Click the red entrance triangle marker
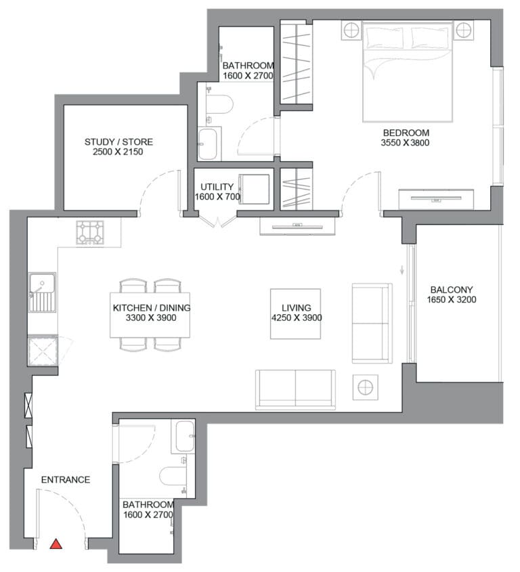tap(56, 544)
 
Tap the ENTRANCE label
tap(66, 480)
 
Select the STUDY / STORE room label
tap(118, 142)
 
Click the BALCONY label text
tap(452, 290)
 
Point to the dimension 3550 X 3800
tap(405, 143)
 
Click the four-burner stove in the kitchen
tap(90, 232)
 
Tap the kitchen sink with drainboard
tap(43, 292)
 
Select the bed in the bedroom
tap(408, 71)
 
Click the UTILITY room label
tap(217, 187)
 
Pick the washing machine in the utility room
tap(254, 189)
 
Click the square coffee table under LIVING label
tap(296, 314)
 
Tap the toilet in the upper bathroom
tap(219, 104)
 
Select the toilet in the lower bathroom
tap(174, 477)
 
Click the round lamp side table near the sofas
tap(365, 387)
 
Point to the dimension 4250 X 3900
tap(297, 317)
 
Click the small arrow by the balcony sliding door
tap(402, 271)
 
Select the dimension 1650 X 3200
tap(452, 300)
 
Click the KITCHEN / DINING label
tap(152, 308)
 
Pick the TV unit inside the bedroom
tap(436, 199)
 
